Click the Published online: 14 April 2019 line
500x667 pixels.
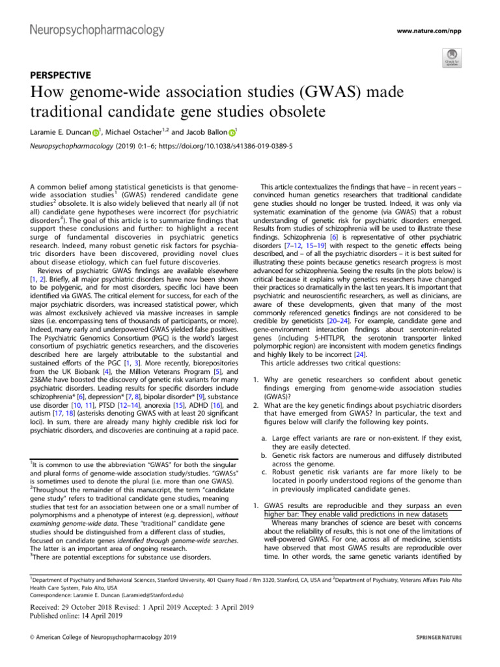click(x=72, y=616)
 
